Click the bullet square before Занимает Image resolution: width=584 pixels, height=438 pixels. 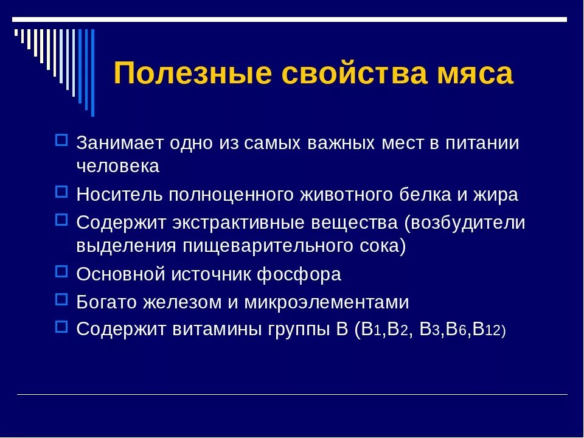pos(61,141)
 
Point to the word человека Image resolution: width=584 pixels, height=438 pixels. pos(118,167)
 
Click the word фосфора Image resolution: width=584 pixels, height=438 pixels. pos(299,274)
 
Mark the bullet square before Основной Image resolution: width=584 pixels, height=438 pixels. pos(61,271)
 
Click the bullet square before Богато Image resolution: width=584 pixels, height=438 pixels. pos(61,299)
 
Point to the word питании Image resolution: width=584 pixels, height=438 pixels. pos(482,143)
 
